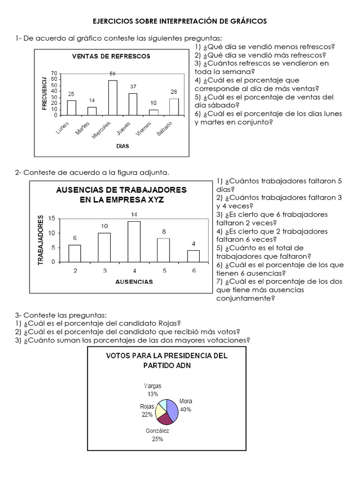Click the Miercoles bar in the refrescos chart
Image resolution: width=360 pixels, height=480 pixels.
click(x=112, y=97)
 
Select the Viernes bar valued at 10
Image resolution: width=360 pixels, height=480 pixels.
click(x=153, y=112)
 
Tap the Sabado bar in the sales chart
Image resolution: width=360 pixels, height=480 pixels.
click(x=174, y=106)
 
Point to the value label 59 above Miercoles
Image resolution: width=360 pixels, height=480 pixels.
click(x=112, y=74)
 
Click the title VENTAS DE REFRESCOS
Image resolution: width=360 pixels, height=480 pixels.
click(x=111, y=56)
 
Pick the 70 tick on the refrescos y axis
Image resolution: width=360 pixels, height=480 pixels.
click(x=54, y=74)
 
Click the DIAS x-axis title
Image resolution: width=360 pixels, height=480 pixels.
click(x=122, y=146)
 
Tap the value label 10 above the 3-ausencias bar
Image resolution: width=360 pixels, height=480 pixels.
click(x=104, y=226)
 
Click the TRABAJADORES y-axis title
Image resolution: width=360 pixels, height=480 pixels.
click(x=41, y=240)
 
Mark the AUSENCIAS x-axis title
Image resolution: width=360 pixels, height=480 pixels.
click(x=134, y=282)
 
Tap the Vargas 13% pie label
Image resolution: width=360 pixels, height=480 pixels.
click(x=152, y=390)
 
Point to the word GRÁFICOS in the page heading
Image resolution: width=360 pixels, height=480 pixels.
click(x=246, y=22)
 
